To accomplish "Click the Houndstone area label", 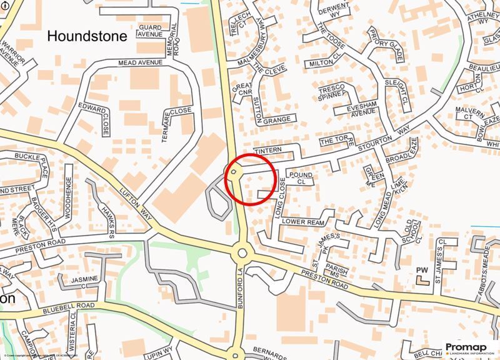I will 87,36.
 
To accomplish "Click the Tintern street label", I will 269,151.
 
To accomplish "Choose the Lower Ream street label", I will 303,222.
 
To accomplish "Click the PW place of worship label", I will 422,271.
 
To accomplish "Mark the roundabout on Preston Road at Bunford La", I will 242,254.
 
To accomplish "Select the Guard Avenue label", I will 150,31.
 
